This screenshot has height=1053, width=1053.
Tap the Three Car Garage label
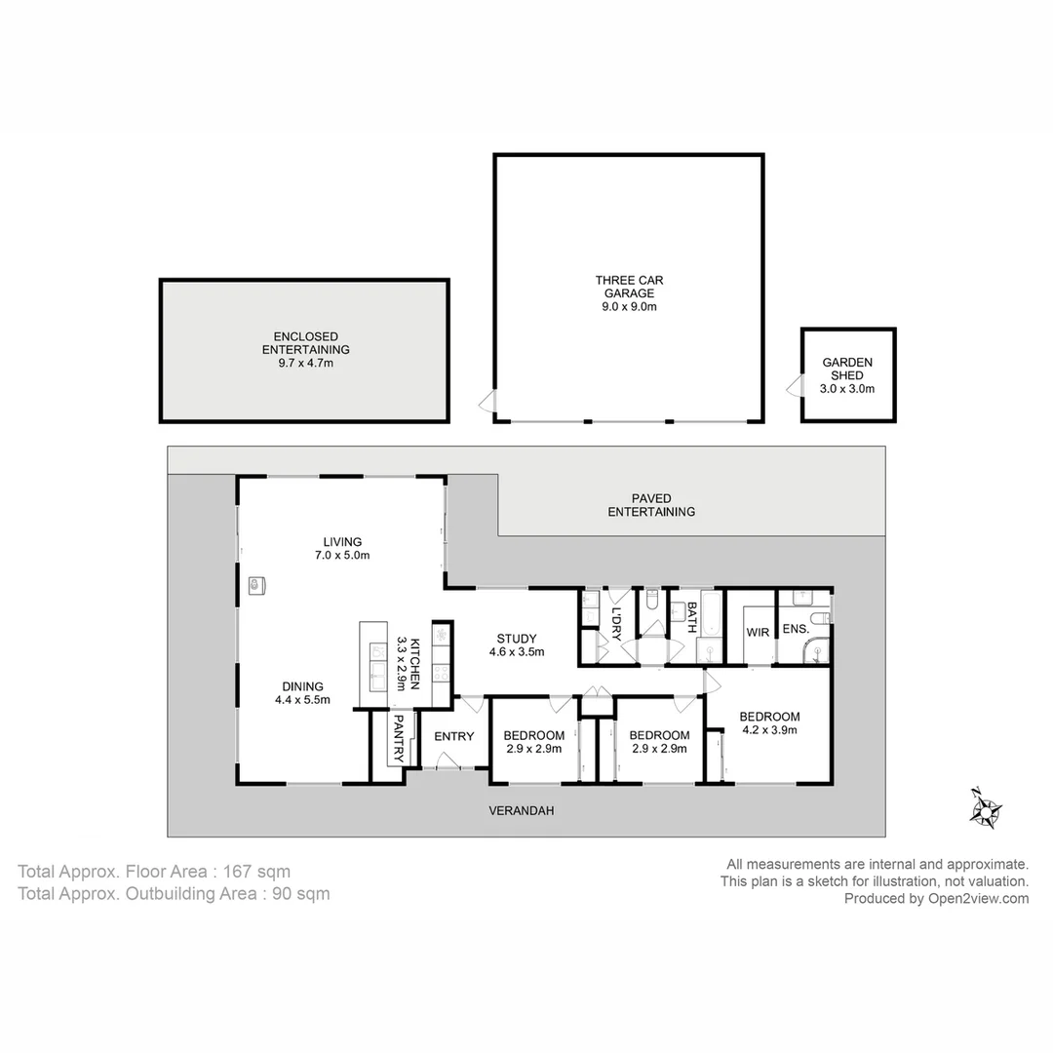click(629, 287)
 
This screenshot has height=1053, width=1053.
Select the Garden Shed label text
click(847, 369)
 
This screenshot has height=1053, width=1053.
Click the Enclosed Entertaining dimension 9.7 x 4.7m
click(305, 363)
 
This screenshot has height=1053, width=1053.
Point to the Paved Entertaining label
click(651, 505)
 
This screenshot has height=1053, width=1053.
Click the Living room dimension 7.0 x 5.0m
click(342, 555)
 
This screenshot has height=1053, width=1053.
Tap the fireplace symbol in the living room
click(257, 585)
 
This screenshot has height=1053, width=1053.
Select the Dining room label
click(303, 686)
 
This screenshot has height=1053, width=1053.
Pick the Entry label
click(453, 736)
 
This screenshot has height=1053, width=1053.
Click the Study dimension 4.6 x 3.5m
click(516, 652)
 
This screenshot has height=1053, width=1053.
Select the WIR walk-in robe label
click(758, 632)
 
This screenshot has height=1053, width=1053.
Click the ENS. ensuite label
click(796, 630)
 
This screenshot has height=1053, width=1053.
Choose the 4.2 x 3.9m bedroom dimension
click(769, 728)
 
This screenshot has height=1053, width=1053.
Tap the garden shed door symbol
click(792, 389)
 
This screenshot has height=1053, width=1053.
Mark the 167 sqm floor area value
click(256, 872)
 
